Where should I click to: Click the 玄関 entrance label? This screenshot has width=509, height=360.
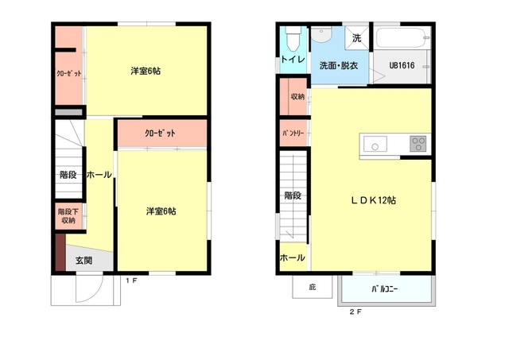[x=84, y=260]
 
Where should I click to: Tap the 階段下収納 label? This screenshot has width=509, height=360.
[x=68, y=215]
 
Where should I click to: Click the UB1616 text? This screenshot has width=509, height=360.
[x=402, y=66]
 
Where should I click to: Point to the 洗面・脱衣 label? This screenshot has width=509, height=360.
[x=339, y=65]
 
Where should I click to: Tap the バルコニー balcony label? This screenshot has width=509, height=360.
[x=385, y=289]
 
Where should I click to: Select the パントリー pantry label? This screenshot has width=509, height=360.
[x=294, y=133]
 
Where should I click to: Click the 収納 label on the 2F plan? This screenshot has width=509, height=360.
[x=297, y=97]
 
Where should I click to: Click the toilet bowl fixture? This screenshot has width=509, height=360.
[x=293, y=37]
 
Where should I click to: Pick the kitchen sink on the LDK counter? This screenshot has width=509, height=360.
[x=375, y=144]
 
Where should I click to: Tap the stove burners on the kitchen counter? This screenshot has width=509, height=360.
[x=418, y=144]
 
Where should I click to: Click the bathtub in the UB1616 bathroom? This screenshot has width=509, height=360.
[x=401, y=38]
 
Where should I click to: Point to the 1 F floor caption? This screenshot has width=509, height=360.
[x=131, y=280]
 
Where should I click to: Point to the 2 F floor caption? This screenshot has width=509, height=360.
[x=356, y=312]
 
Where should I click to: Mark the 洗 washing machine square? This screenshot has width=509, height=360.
[x=357, y=37]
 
